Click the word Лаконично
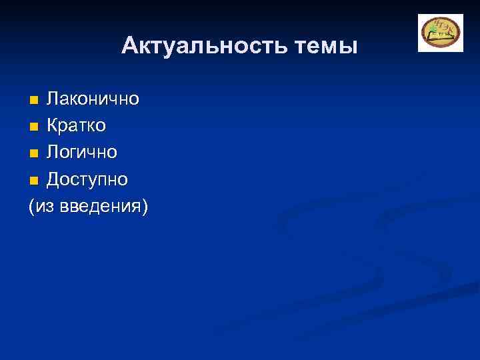point(93,99)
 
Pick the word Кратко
point(76,126)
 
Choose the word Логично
point(82,153)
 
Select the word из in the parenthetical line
point(43,207)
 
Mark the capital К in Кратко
point(51,126)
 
